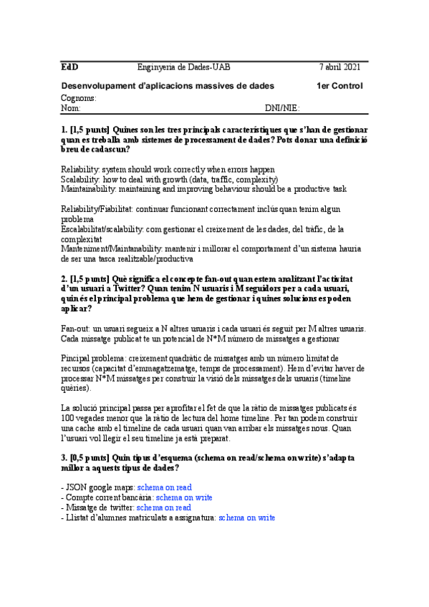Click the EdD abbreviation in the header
(x=69, y=67)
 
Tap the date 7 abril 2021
(x=340, y=67)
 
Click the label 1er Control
(x=339, y=86)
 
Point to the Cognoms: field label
(x=78, y=98)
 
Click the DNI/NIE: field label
(x=281, y=109)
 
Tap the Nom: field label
(x=71, y=109)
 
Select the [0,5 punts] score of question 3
(x=90, y=457)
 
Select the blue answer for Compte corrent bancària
(x=184, y=497)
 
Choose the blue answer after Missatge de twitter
(x=164, y=508)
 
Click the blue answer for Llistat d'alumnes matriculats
(x=246, y=518)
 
